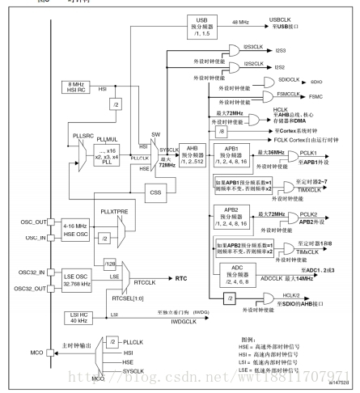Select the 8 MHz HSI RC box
click(x=78, y=87)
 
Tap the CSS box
click(x=155, y=192)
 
